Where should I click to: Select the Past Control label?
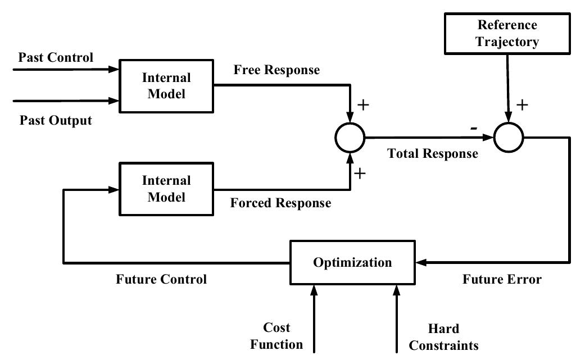(56, 57)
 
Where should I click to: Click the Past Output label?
(56, 120)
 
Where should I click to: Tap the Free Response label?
(276, 70)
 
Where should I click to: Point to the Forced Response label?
(280, 203)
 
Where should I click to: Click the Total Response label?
(432, 153)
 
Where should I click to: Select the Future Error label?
(502, 279)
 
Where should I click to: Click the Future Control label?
(161, 279)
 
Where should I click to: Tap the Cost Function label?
(276, 336)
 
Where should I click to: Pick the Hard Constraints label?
(443, 337)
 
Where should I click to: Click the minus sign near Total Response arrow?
(474, 129)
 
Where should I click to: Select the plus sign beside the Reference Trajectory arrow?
(522, 104)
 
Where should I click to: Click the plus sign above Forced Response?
(360, 174)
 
